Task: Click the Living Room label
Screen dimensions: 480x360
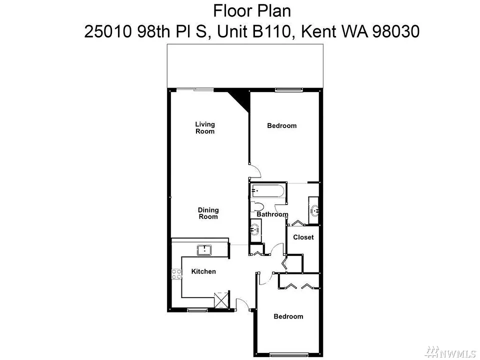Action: [205, 127]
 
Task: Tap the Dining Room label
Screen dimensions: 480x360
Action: [208, 213]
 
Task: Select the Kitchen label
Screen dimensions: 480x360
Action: [203, 271]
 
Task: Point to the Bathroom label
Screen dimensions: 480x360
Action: [272, 214]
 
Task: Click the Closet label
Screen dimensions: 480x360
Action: [303, 237]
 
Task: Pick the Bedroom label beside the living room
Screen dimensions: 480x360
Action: [281, 125]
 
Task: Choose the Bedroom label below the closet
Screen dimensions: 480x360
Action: [288, 316]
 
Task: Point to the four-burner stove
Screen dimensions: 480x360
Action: [176, 273]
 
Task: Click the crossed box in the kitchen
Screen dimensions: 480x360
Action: [221, 299]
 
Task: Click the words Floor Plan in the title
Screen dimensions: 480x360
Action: [251, 11]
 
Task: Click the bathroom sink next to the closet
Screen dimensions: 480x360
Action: [314, 210]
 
